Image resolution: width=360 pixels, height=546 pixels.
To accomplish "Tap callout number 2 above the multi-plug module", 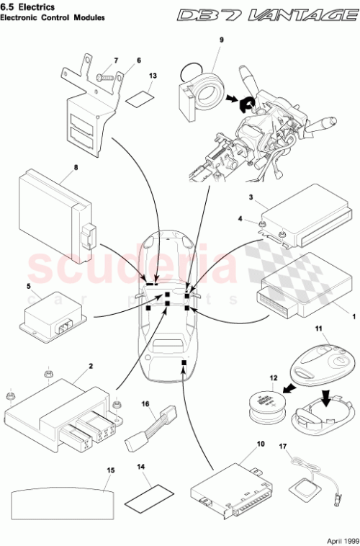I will point(90,366).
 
